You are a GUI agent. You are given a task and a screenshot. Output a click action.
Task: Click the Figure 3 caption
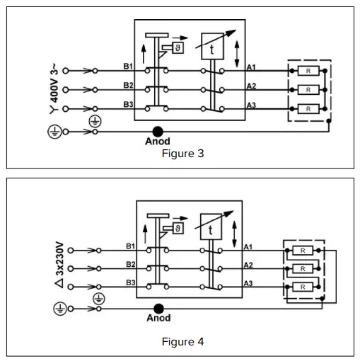[x=182, y=154]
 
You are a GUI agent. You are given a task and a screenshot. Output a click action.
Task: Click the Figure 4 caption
[x=182, y=342]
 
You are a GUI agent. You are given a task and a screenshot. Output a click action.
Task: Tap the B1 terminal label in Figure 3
[x=128, y=67]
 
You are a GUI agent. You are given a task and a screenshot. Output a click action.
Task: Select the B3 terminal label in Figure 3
[x=128, y=104]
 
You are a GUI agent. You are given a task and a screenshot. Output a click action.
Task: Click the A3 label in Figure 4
[x=248, y=282]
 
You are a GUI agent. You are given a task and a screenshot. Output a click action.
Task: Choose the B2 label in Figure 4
[x=130, y=264]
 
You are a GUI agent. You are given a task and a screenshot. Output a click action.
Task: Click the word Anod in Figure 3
[x=158, y=141]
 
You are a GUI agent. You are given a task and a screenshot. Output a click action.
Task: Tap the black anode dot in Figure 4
[x=158, y=308]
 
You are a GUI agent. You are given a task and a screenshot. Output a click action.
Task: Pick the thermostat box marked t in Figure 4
[x=211, y=229]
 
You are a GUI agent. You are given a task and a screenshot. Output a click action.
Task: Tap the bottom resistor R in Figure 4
[x=302, y=287]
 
